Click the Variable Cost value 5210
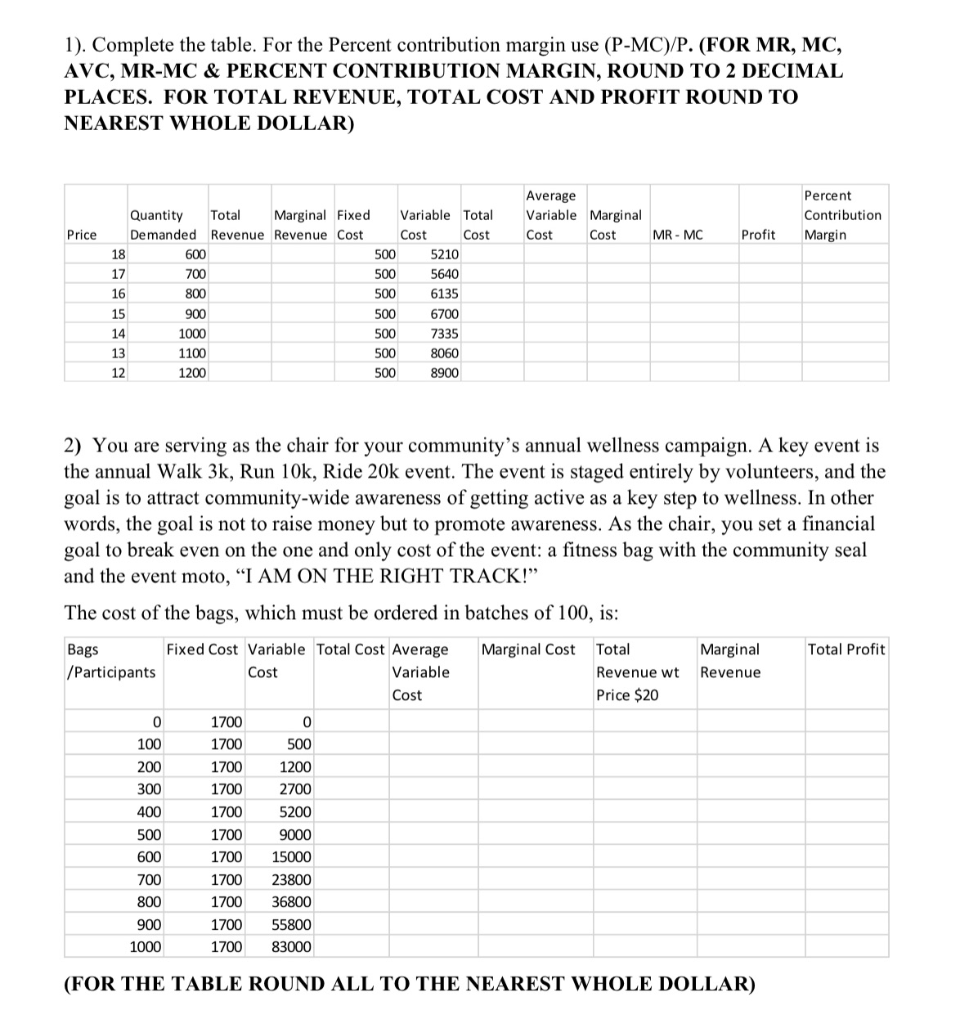pos(444,254)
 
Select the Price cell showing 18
pos(118,254)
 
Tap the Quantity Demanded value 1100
pos(192,353)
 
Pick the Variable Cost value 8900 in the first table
pos(444,373)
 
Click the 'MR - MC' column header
pos(678,235)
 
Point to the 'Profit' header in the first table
pos(758,235)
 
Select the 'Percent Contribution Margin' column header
pos(842,215)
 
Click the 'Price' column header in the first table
pos(82,235)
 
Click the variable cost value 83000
pos(290,947)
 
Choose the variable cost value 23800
pos(290,880)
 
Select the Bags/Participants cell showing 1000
pos(146,947)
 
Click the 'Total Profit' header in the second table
pos(846,649)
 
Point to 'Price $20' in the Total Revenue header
pos(626,695)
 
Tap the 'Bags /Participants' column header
pos(110,661)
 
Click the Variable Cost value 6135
pos(444,294)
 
